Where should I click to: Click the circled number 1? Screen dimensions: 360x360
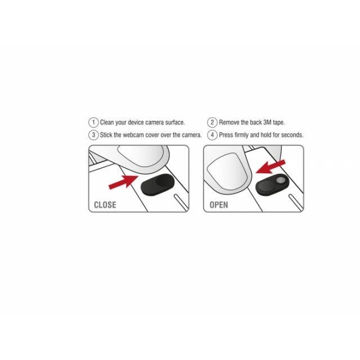click(93, 123)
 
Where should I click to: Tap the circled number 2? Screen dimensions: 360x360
click(212, 123)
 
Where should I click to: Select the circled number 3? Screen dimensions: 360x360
click(93, 135)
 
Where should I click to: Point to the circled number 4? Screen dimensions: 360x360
click(212, 135)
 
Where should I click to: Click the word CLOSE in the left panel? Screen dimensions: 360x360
click(105, 205)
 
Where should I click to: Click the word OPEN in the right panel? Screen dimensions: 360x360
click(219, 205)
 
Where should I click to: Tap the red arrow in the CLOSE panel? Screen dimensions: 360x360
click(123, 182)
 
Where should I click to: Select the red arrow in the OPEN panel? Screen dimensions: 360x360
click(271, 166)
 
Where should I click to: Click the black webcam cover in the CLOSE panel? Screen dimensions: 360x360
click(157, 184)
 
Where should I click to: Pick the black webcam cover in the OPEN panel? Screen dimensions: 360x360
click(272, 184)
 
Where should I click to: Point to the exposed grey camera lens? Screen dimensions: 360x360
click(280, 180)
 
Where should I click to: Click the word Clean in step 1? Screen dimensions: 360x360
click(107, 123)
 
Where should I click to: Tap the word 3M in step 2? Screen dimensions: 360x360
click(267, 123)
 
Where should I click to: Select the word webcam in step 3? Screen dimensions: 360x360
click(133, 135)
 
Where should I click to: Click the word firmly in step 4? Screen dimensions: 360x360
click(241, 135)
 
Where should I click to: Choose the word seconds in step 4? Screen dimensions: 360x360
click(292, 135)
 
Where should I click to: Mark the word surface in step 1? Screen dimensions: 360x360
click(175, 123)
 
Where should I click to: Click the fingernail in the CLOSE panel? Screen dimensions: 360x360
click(141, 155)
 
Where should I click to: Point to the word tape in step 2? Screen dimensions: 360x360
click(279, 123)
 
